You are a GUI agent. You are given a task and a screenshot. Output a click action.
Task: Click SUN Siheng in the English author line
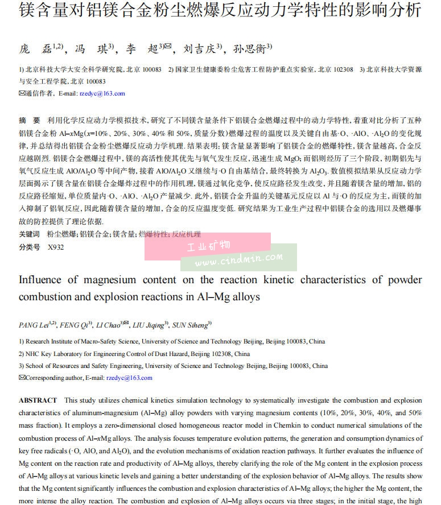190,325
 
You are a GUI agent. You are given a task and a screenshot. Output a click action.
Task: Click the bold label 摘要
30,121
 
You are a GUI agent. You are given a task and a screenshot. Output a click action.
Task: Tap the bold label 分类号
30,247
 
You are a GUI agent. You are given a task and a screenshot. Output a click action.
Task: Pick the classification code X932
56,247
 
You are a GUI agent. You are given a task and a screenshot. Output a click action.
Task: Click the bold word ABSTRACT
38,400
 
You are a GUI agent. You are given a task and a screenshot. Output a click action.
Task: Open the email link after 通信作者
102,93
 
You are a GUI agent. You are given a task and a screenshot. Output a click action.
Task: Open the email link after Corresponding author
129,378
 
